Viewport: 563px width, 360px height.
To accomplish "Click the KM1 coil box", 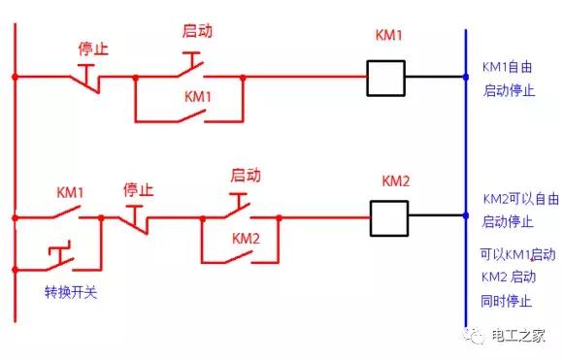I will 385,78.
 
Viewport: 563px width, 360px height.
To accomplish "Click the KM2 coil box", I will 388,215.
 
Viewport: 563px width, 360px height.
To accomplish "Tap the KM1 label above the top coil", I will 388,35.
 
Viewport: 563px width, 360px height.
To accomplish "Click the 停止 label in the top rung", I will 92,48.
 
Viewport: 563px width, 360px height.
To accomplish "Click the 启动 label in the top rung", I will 197,30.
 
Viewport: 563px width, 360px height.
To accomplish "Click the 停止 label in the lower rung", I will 139,188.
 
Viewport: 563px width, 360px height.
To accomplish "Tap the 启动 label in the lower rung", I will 246,176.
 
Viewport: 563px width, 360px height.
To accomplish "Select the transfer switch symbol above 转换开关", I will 61,258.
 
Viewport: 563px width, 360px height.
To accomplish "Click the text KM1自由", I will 509,69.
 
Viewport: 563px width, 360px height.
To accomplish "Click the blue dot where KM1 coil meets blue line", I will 466,77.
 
